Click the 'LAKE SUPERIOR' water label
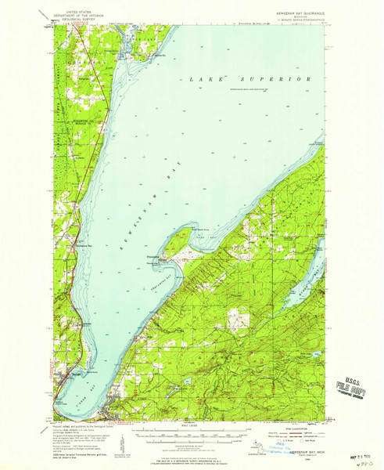pos(251,79)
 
